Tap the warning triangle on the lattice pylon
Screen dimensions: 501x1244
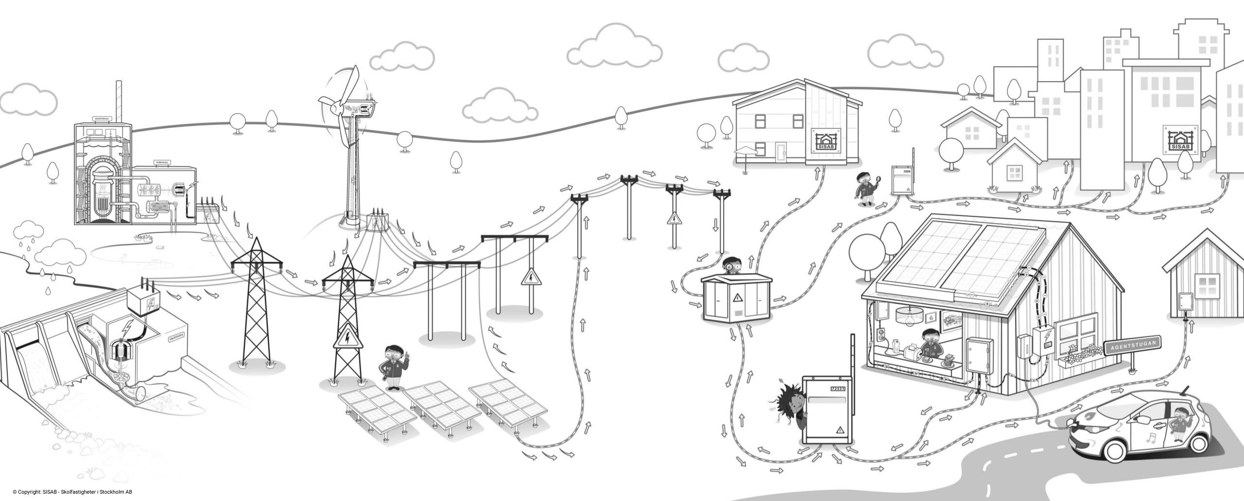[347, 338]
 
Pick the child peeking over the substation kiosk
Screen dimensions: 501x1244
[730, 266]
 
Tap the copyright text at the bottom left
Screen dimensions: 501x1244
[73, 492]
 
